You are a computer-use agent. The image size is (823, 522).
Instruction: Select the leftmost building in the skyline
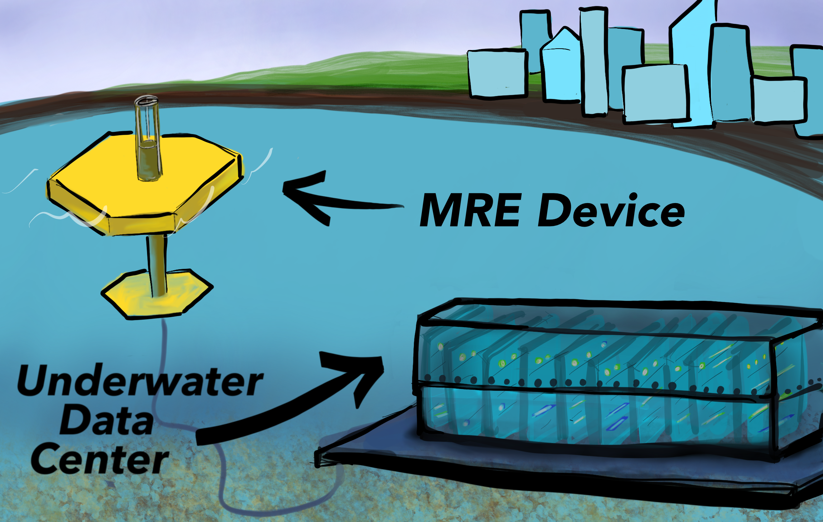(x=497, y=73)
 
